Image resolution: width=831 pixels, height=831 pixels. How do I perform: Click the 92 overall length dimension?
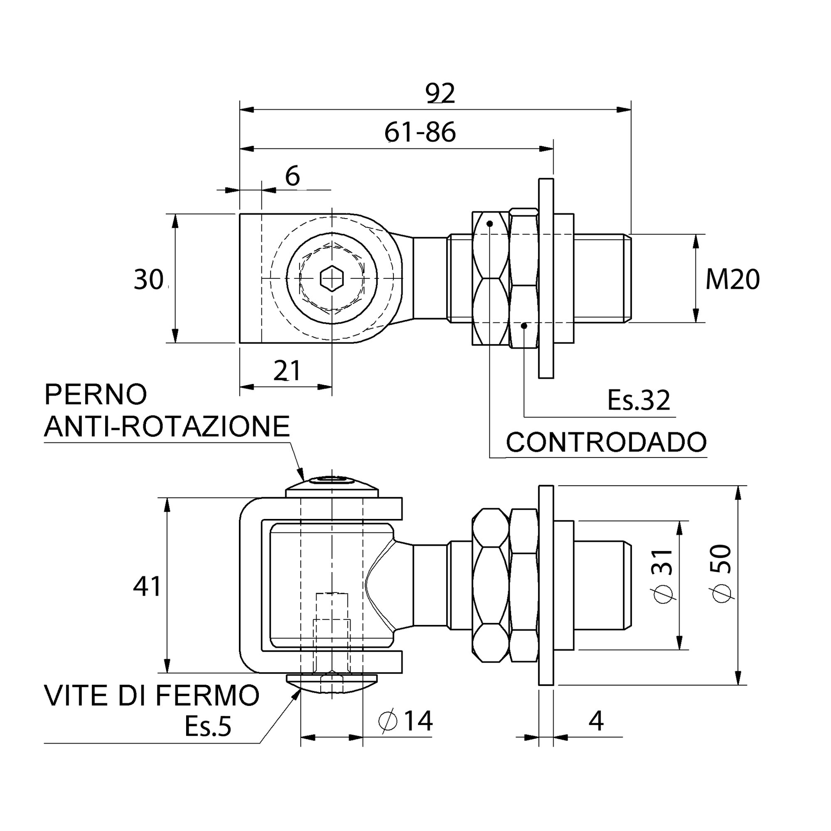(x=440, y=93)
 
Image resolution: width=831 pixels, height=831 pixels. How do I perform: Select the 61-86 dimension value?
(x=420, y=132)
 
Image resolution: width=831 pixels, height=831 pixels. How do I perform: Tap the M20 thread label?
(x=732, y=279)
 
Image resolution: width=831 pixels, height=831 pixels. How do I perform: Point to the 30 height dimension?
(x=148, y=279)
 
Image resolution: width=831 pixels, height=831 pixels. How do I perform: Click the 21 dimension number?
(x=287, y=371)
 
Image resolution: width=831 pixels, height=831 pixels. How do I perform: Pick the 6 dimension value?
(x=293, y=176)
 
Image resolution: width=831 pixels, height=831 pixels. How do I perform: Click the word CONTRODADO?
(x=606, y=442)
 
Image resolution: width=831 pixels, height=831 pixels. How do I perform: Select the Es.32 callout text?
(x=638, y=400)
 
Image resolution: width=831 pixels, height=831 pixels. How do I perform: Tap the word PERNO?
(x=96, y=394)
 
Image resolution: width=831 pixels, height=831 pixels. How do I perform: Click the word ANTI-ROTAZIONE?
(x=167, y=426)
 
